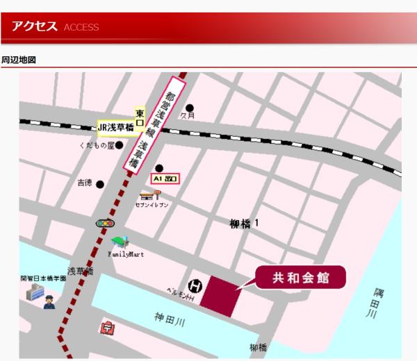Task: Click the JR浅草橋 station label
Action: pyautogui.click(x=116, y=128)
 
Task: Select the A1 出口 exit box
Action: pyautogui.click(x=165, y=179)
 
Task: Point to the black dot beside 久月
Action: pyautogui.click(x=190, y=108)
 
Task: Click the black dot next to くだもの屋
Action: pyautogui.click(x=120, y=145)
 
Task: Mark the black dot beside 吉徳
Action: pyautogui.click(x=100, y=184)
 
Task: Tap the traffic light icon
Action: pyautogui.click(x=103, y=224)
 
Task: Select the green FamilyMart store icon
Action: pyautogui.click(x=120, y=242)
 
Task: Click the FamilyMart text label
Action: pyautogui.click(x=126, y=255)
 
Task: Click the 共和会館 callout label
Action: pyautogui.click(x=300, y=278)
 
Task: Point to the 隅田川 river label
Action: pyautogui.click(x=375, y=304)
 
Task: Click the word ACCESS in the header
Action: pyautogui.click(x=81, y=28)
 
